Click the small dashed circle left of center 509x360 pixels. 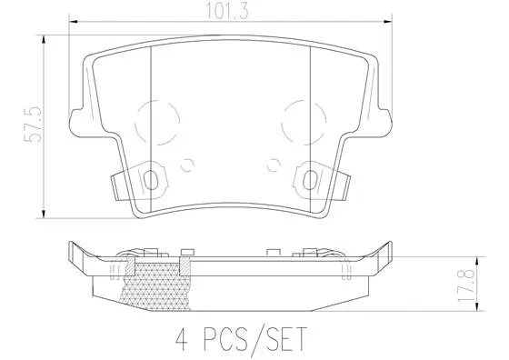tap(189, 165)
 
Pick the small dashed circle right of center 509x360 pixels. tap(274, 165)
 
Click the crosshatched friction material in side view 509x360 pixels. tap(155, 282)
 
